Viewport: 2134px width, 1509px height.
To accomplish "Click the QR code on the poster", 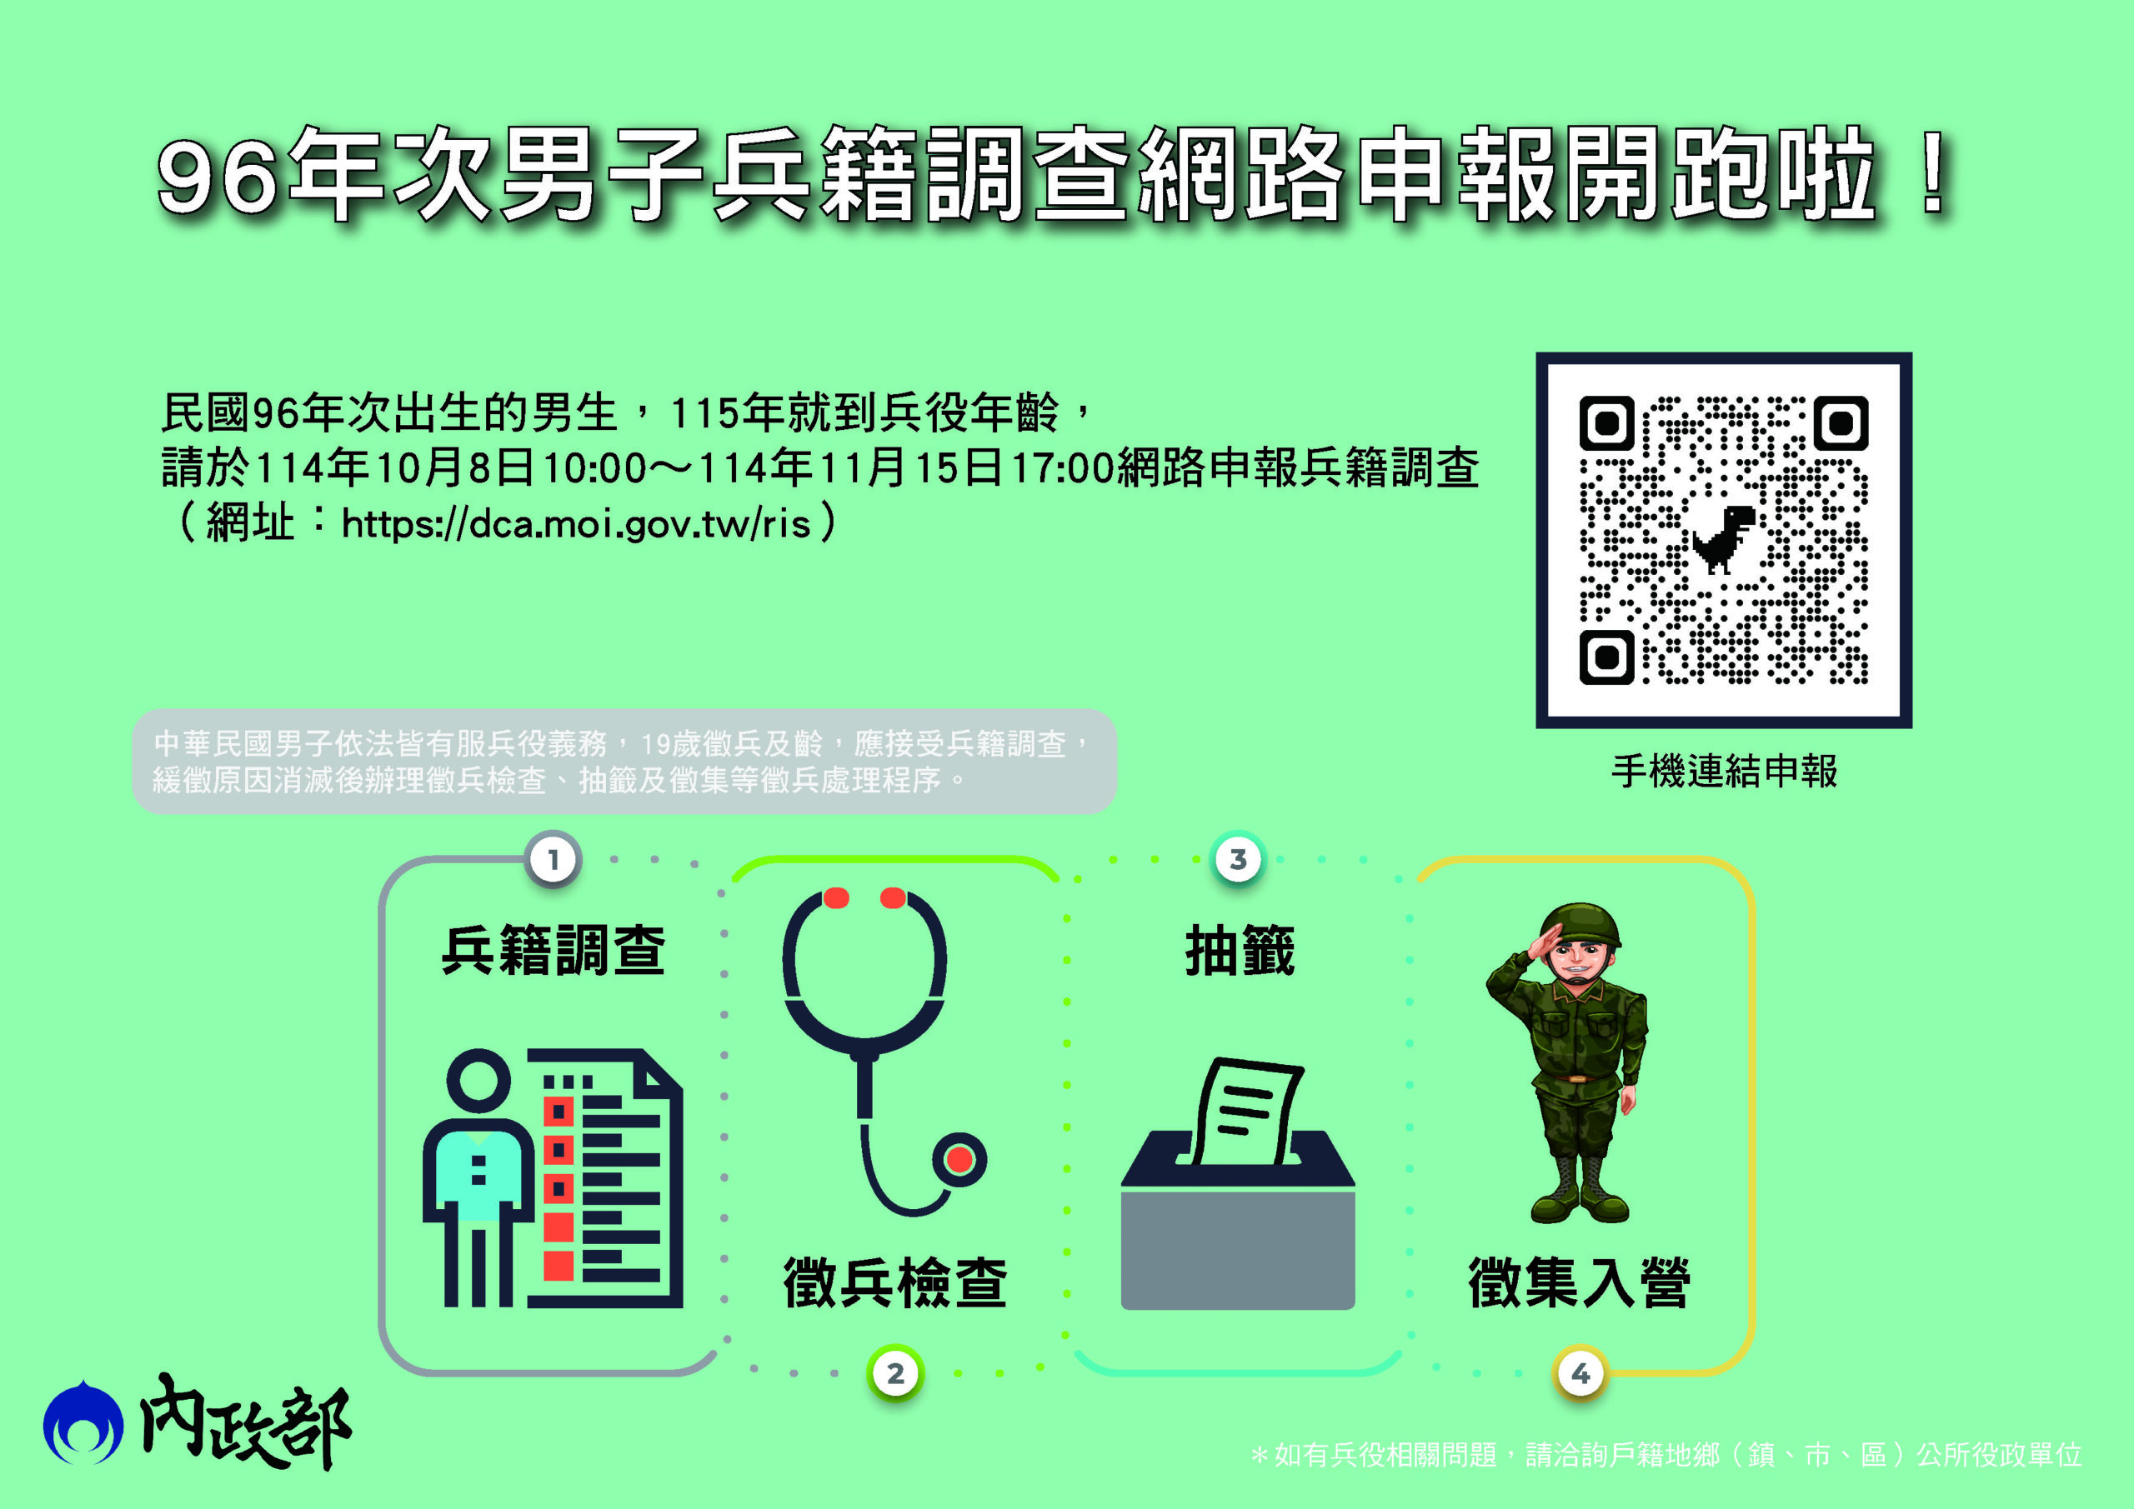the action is point(1723,540).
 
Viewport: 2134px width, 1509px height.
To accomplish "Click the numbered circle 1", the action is point(553,860).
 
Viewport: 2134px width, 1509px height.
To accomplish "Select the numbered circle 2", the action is point(895,1372).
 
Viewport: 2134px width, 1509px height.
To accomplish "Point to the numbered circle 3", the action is point(1238,860).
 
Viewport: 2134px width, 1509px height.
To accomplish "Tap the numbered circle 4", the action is point(1581,1372).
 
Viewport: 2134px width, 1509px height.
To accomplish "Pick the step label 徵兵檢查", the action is point(895,1282).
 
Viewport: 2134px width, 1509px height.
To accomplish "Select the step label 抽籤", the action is point(1239,951).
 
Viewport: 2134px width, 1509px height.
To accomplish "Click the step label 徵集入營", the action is point(1580,1282).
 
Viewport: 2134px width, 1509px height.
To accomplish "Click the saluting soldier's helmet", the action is point(1580,925).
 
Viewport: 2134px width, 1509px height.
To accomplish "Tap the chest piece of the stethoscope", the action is point(959,1159).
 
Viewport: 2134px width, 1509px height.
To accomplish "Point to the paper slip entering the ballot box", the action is point(1245,1111).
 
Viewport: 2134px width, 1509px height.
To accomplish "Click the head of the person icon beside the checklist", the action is point(478,1081).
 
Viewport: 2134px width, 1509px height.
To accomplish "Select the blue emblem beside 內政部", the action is point(83,1422).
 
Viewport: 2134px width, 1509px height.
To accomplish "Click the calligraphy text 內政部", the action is point(245,1422).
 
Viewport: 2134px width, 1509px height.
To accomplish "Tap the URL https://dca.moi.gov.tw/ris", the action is point(576,523).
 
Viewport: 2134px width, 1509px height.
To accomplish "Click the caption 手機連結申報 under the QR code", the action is point(1724,772).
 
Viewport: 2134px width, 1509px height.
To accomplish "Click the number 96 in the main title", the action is point(218,177).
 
